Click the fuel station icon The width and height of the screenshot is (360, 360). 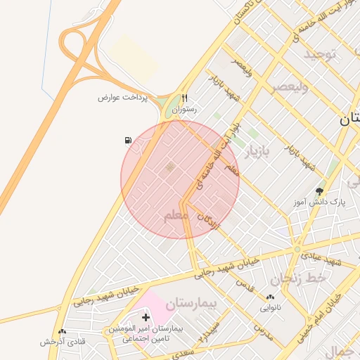pos(128,141)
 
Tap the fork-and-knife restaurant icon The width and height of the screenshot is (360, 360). pos(184,98)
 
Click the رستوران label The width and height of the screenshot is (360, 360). pos(184,110)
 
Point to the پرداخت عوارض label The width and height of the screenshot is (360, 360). pos(123,97)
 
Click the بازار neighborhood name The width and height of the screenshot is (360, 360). pos(257,151)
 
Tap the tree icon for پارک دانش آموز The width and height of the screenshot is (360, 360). pos(321,191)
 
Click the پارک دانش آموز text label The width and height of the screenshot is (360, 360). pos(321,202)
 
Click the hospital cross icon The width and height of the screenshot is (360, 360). pos(146,318)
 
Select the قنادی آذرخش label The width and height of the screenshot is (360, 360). pos(62,341)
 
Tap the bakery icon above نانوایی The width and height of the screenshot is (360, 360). pos(271,297)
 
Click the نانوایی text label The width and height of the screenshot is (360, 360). pos(271,307)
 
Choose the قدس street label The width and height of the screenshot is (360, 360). pos(245,285)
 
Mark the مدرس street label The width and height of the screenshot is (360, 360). pos(263,328)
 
